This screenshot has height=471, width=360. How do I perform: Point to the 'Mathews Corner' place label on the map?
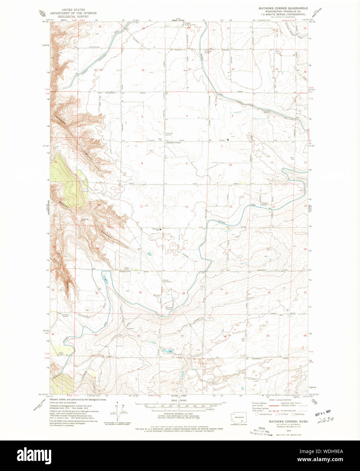(x=174, y=143)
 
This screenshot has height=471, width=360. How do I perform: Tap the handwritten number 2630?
(x=326, y=419)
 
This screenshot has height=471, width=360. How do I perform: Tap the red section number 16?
(x=186, y=207)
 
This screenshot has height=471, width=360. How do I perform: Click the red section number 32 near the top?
(x=143, y=70)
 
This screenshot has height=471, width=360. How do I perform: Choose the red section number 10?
(x=230, y=165)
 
